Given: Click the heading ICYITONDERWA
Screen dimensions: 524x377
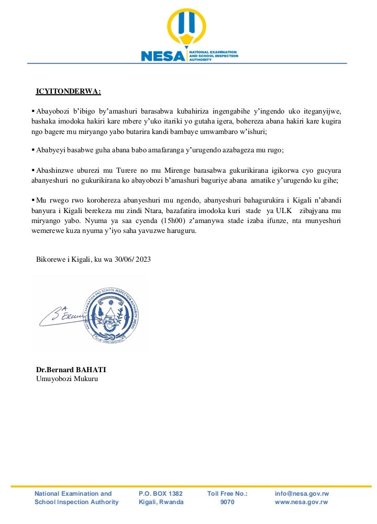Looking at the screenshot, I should pos(68,92).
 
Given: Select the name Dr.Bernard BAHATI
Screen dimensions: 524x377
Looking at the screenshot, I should pos(71,370).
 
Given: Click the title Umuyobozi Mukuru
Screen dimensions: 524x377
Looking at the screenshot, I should pos(66,378).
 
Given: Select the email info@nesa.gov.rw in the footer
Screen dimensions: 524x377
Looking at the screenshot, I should pos(302,494).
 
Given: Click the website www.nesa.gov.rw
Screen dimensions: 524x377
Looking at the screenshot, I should pos(302,503).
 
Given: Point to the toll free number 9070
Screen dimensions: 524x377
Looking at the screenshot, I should pos(227,503).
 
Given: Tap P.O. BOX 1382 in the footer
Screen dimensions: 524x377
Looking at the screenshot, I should pos(161,494).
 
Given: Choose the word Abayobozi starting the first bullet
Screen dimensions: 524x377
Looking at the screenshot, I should pos(52,111).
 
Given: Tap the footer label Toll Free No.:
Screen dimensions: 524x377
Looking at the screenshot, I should pos(227,494).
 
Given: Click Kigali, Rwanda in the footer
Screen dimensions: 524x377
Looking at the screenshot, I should pos(161,503).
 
